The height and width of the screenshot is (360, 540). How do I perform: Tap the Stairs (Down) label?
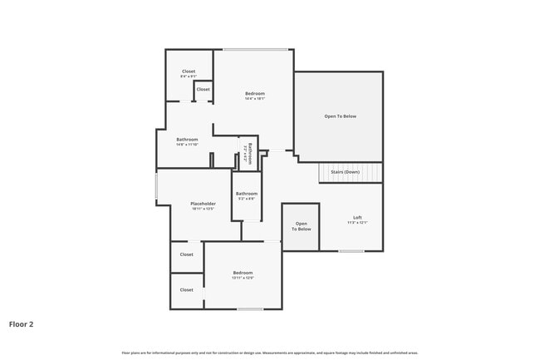pos(350,172)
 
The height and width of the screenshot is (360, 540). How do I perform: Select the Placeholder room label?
pos(204,206)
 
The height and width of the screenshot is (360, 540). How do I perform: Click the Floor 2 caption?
pos(22,323)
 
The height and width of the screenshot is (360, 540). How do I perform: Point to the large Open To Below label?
pos(340,116)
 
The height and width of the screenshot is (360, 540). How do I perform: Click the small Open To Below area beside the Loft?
pos(302,226)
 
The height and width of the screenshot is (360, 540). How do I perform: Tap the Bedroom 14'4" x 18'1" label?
pos(254,96)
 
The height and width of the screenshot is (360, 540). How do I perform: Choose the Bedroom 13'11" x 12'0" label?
pos(243,275)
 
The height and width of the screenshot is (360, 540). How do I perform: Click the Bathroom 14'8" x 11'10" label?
pos(187,141)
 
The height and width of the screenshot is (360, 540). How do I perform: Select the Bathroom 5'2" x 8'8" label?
pos(247,196)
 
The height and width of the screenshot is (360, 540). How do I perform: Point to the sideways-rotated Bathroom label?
pos(248,151)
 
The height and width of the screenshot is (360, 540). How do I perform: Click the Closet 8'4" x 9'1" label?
pos(189,74)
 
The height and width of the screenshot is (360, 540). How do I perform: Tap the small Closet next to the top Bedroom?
pos(204,89)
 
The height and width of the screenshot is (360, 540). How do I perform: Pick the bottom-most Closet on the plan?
pos(187,290)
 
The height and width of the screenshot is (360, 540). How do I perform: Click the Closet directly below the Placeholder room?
pos(187,254)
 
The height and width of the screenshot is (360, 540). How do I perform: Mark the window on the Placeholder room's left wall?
pos(156,185)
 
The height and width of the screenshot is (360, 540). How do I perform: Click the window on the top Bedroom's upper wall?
pos(256,50)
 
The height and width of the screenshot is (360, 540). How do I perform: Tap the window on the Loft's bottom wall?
pos(351,251)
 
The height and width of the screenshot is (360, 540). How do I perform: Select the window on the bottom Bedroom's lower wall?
pos(250,309)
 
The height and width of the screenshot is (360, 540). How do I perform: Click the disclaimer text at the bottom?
pos(269,353)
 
